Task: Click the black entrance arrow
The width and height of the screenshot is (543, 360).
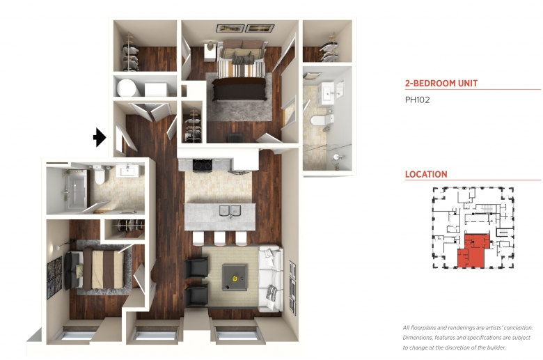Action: tap(100, 137)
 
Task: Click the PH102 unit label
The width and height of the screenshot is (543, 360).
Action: tap(417, 100)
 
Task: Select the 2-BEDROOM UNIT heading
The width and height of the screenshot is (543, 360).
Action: tap(441, 83)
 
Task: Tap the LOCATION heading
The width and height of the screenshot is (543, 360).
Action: tap(426, 174)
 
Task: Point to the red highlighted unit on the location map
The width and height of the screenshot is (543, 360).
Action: tap(473, 252)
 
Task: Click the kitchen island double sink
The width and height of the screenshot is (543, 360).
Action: tap(230, 210)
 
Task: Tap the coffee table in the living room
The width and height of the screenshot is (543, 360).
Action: tap(235, 277)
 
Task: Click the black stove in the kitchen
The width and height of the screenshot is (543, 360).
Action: tap(203, 165)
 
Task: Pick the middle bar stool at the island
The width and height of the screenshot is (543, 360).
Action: tap(219, 239)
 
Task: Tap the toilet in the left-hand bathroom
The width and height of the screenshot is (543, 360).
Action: tap(100, 175)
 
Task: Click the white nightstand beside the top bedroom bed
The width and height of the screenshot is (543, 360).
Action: tap(210, 52)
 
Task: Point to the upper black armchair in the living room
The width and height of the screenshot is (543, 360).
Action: tap(197, 268)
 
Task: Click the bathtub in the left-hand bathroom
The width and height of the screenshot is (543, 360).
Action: tap(74, 191)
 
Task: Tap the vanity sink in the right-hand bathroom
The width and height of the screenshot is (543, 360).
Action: tap(328, 92)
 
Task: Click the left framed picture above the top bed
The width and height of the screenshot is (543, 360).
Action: tap(230, 29)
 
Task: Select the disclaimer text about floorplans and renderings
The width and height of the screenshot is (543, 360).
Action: tap(468, 338)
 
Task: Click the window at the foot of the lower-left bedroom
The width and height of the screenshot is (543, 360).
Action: tap(78, 336)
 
